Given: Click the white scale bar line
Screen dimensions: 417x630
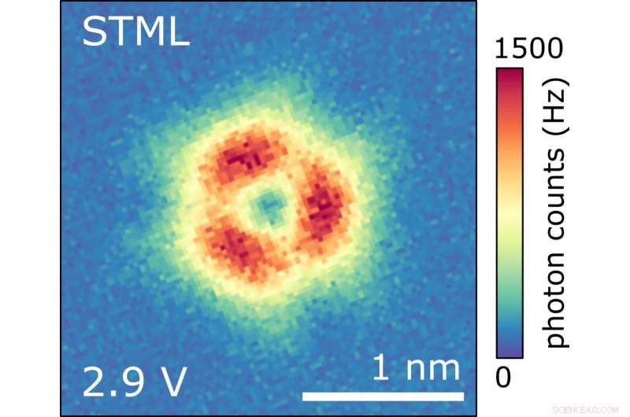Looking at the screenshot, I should tap(383, 394).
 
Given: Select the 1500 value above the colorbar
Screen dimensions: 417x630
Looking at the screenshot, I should tap(529, 50).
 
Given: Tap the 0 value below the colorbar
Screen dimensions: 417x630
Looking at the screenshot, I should tap(504, 378).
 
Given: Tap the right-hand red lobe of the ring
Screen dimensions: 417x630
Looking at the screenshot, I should tap(323, 209).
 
